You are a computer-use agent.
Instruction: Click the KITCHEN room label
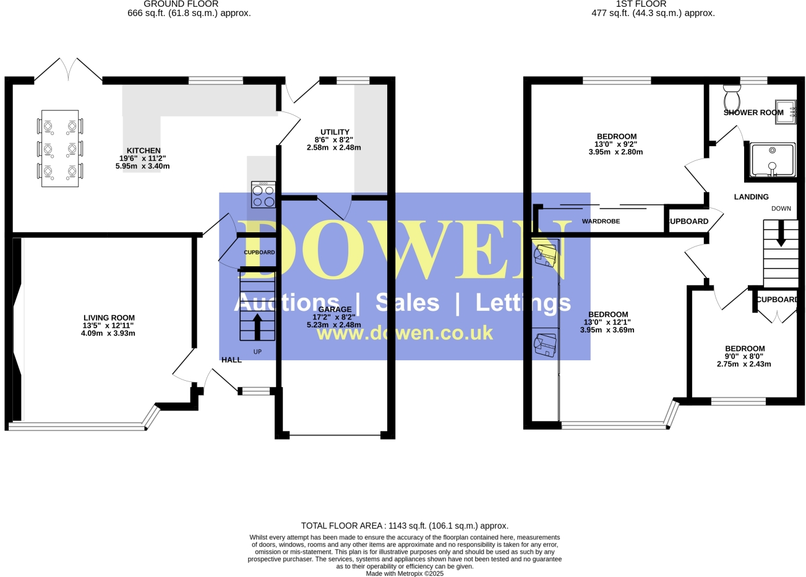144,150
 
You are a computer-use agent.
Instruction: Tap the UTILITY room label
335,132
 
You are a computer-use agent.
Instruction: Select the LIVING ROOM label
109,318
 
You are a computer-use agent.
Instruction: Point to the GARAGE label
335,310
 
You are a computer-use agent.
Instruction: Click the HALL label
231,360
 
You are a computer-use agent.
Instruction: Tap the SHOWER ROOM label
753,113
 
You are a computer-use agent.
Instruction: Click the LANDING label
751,197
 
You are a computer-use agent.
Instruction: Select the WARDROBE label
601,221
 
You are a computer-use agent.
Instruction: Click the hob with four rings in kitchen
264,195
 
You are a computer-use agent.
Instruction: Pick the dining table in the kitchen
60,149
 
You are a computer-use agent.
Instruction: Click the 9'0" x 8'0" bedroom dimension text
744,357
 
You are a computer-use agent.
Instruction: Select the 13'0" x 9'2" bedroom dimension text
616,144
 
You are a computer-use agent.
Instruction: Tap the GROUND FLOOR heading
181,4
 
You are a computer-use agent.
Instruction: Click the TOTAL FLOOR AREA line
405,526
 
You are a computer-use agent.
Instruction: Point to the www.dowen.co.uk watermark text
405,333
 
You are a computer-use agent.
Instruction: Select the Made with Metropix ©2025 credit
405,573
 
